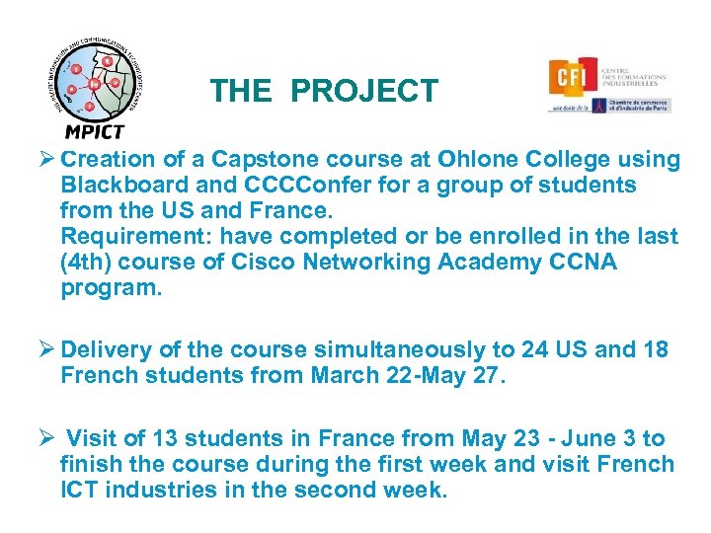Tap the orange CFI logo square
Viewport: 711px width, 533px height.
click(573, 80)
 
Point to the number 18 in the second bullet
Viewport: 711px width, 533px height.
click(655, 350)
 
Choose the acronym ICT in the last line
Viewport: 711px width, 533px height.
click(81, 491)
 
